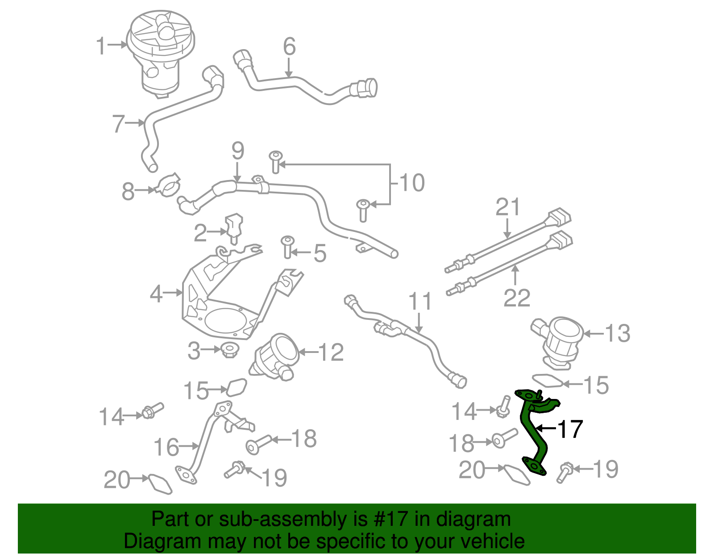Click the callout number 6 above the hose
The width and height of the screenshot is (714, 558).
[289, 46]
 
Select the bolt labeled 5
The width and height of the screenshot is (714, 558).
[287, 247]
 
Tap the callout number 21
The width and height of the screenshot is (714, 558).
[508, 207]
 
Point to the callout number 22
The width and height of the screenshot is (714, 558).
[516, 298]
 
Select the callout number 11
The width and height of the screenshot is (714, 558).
[420, 302]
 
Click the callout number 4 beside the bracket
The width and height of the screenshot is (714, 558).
[156, 294]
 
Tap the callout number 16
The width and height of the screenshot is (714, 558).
[166, 447]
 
